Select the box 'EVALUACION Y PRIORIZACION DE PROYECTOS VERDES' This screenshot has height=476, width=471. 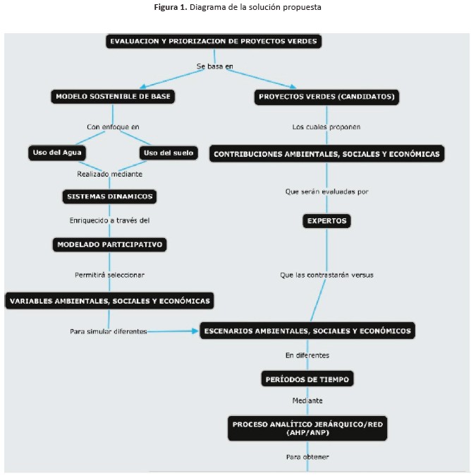click(214, 42)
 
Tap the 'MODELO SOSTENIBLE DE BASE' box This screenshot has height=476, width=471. click(113, 96)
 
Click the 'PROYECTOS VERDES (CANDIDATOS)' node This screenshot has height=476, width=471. click(326, 96)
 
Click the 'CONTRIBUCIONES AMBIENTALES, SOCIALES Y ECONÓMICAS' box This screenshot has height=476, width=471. click(326, 154)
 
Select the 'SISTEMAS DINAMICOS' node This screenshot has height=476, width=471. click(109, 196)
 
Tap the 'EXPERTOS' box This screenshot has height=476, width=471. click(326, 220)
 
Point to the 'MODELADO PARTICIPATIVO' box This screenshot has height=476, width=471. click(109, 244)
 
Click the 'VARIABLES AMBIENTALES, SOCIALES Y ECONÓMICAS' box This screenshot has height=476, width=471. click(109, 301)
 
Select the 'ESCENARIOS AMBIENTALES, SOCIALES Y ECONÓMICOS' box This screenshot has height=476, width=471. click(307, 330)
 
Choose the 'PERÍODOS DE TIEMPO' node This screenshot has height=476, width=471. click(307, 379)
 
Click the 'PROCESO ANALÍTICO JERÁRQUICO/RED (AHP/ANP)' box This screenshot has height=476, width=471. click(308, 428)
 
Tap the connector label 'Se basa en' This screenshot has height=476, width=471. click(214, 66)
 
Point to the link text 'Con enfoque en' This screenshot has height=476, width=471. click(113, 127)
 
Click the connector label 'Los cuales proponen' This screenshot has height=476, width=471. click(326, 127)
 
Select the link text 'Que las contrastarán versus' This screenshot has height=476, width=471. click(326, 275)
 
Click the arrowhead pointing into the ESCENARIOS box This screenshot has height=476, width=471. click(195, 331)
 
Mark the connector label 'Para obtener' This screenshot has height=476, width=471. click(307, 457)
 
